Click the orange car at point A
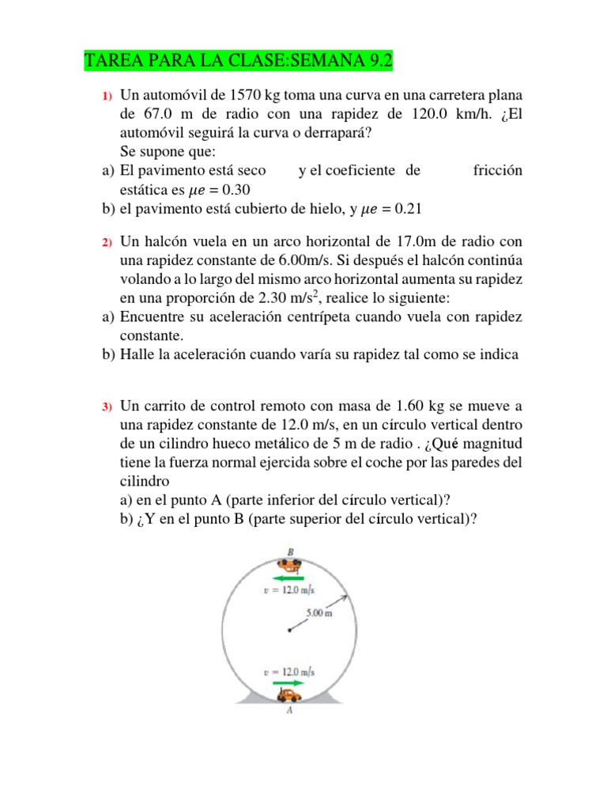click(x=289, y=695)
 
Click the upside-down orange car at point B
click(x=289, y=565)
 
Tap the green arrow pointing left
click(x=288, y=577)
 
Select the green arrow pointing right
click(x=289, y=683)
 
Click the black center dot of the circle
click(x=289, y=630)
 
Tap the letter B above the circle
click(x=290, y=552)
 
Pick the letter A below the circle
click(x=290, y=710)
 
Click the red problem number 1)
click(x=107, y=97)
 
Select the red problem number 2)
click(x=107, y=241)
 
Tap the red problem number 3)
click(x=107, y=407)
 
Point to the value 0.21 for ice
click(x=409, y=209)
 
